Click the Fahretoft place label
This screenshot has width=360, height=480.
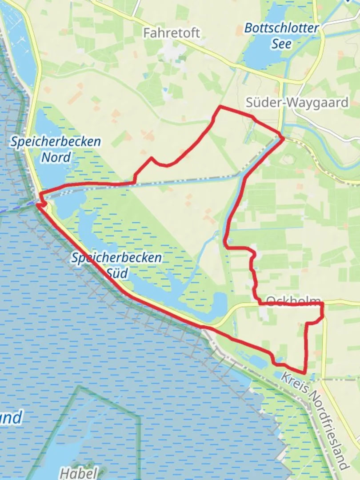(x=171, y=33)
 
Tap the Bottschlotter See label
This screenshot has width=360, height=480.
(x=282, y=36)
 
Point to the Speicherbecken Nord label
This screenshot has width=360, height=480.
(x=56, y=149)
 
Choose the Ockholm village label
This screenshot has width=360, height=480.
(x=293, y=299)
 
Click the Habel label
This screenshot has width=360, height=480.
(x=78, y=473)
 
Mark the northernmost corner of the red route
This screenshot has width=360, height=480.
(x=220, y=107)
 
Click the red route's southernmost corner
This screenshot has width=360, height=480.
(x=304, y=373)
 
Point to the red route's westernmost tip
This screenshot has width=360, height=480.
(x=38, y=204)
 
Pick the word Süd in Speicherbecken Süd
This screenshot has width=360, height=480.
(x=116, y=272)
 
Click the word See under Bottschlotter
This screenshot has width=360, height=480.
(x=282, y=43)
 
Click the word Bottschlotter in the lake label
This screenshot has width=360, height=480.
(x=282, y=28)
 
